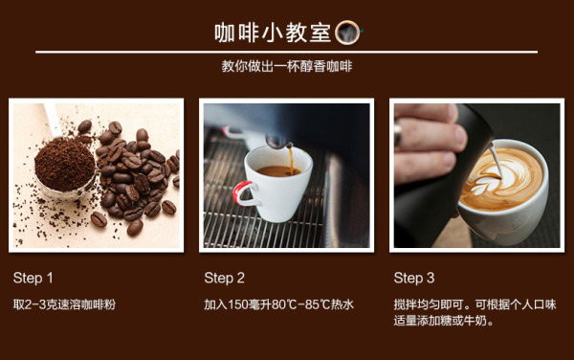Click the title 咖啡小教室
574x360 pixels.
[273, 33]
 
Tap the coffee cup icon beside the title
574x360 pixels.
[348, 33]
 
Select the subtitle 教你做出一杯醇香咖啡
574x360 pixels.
[287, 66]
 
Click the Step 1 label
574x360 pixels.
[33, 278]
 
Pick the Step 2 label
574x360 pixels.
[225, 278]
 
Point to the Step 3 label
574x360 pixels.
[414, 278]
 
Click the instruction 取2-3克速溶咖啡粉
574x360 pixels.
[64, 304]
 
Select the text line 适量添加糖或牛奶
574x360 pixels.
[444, 321]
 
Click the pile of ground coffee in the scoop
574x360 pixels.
[65, 165]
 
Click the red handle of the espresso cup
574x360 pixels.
[243, 193]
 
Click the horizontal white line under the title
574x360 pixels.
[287, 52]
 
